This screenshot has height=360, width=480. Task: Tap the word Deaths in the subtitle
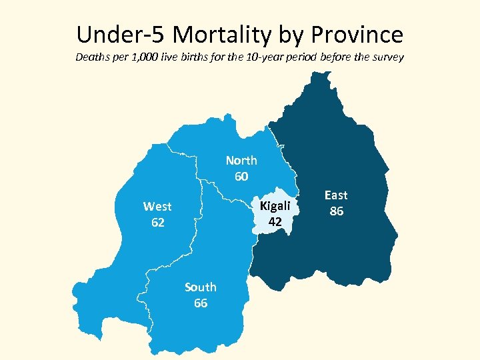point(92,57)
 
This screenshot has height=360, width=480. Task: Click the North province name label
point(241,161)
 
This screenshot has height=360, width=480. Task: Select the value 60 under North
point(241,177)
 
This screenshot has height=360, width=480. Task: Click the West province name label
point(157,207)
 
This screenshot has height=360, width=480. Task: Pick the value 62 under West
point(157,223)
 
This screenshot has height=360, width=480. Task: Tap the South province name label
point(201,287)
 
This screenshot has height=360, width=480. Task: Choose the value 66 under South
point(201,303)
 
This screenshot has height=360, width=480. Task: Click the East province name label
point(336,195)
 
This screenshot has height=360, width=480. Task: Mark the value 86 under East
point(336,211)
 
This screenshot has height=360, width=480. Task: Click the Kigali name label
point(275,206)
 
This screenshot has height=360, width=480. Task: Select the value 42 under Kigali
point(275,221)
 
